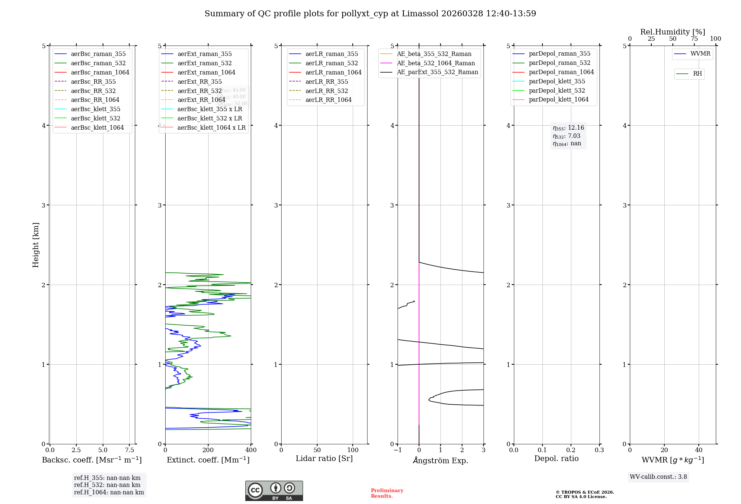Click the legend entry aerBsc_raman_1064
[100, 72]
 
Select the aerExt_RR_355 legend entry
[200, 82]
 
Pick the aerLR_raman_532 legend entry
[332, 63]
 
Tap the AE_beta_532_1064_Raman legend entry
[436, 63]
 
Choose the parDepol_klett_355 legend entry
[557, 81]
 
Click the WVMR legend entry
[700, 54]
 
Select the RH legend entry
[697, 74]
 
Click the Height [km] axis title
[36, 245]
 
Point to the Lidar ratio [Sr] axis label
[324, 458]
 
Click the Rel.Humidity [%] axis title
[672, 32]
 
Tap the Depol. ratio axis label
[556, 458]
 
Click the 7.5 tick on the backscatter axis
[129, 450]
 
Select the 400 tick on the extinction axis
[251, 450]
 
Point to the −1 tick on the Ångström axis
[398, 450]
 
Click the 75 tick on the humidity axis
[694, 39]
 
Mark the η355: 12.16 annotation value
[568, 128]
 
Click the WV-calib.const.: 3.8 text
[658, 477]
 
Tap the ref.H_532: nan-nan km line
[107, 485]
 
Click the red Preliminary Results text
[387, 493]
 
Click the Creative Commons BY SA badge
[274, 491]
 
